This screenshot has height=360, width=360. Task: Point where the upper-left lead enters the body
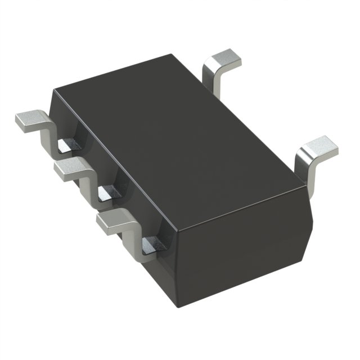[70, 145]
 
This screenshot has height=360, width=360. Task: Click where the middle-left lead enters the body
[110, 193]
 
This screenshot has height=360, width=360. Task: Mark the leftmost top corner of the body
[53, 90]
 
